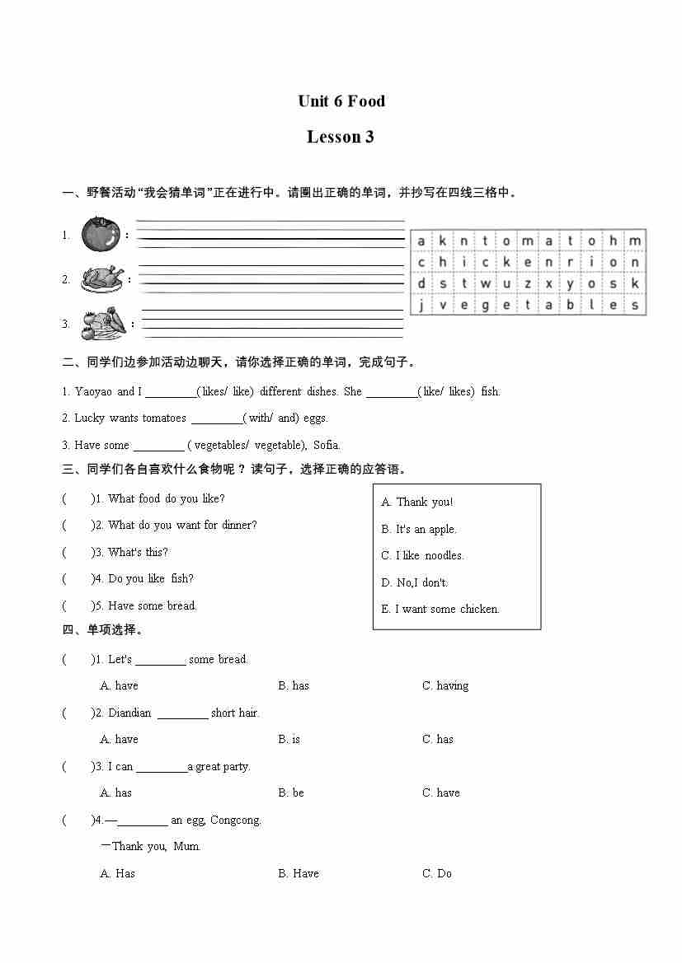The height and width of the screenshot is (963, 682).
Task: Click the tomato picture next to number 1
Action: (x=101, y=234)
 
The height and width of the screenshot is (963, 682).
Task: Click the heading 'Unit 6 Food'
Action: (x=341, y=101)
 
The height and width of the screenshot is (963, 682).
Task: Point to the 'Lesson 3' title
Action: (x=341, y=137)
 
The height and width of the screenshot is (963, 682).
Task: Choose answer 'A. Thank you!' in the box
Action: (x=417, y=502)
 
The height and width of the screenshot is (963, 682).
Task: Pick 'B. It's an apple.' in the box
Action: (x=419, y=529)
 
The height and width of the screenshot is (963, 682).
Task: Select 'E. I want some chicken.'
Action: (x=440, y=609)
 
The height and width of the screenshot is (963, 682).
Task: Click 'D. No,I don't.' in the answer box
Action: (x=415, y=582)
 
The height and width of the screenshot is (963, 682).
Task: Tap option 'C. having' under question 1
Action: (x=445, y=685)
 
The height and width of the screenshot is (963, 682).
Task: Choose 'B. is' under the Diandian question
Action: (x=289, y=739)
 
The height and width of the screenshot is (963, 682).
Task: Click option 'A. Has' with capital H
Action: (x=117, y=873)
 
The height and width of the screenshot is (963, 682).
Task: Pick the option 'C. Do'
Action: (x=437, y=873)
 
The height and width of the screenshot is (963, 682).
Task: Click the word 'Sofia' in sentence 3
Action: (x=326, y=445)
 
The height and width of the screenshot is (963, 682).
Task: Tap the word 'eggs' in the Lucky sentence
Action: (x=315, y=418)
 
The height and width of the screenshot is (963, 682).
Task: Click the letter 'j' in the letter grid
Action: (x=421, y=305)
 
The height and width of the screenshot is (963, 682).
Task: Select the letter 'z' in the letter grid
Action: (x=528, y=283)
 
